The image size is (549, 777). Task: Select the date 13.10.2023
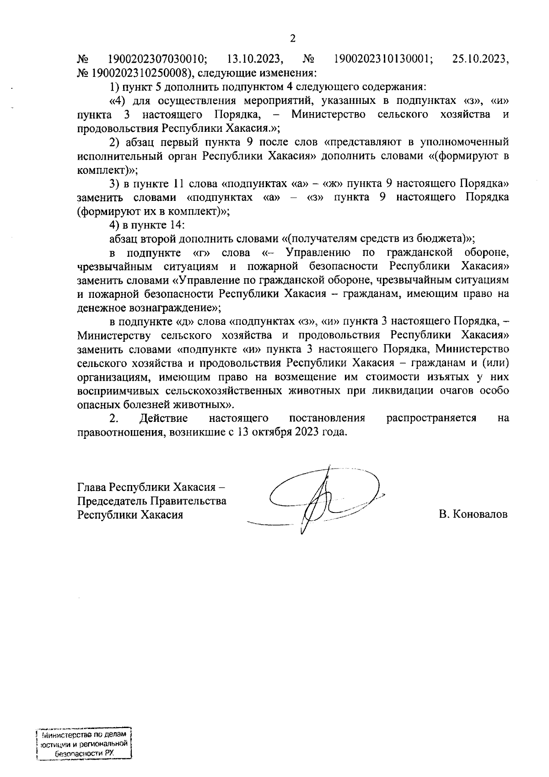(254, 59)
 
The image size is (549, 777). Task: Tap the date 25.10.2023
(480, 59)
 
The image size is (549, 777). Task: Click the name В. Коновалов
(473, 514)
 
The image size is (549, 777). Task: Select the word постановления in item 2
(327, 418)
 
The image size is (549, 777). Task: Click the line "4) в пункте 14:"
(146, 225)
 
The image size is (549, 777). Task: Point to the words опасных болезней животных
(154, 405)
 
